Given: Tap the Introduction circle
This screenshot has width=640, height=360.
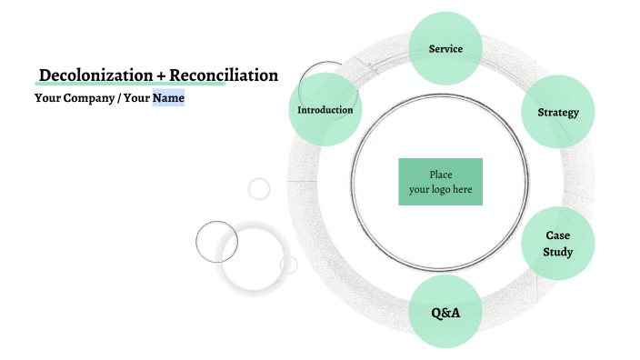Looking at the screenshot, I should tap(325, 110).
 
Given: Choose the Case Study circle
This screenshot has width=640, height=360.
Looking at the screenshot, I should tap(557, 244).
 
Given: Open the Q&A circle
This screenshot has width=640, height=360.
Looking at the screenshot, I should tap(445, 313).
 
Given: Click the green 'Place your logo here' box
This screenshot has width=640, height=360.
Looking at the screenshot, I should tap(440, 182).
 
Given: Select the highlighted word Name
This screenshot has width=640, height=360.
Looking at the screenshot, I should tap(168, 97).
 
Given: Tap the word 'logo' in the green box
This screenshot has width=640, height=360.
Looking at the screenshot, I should tap(441, 190).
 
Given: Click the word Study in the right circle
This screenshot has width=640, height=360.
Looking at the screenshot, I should tap(557, 252).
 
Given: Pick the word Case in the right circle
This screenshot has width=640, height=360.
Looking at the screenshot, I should tap(557, 235).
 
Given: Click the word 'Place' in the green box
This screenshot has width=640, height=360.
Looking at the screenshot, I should tap(441, 175).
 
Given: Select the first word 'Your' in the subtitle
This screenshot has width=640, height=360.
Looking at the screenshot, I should tap(47, 97).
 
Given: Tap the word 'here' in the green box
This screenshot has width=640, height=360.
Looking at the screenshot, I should tap(463, 190).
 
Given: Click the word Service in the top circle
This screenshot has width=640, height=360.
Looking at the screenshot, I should tap(445, 48).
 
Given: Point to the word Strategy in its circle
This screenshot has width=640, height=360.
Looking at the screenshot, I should tap(558, 113).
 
